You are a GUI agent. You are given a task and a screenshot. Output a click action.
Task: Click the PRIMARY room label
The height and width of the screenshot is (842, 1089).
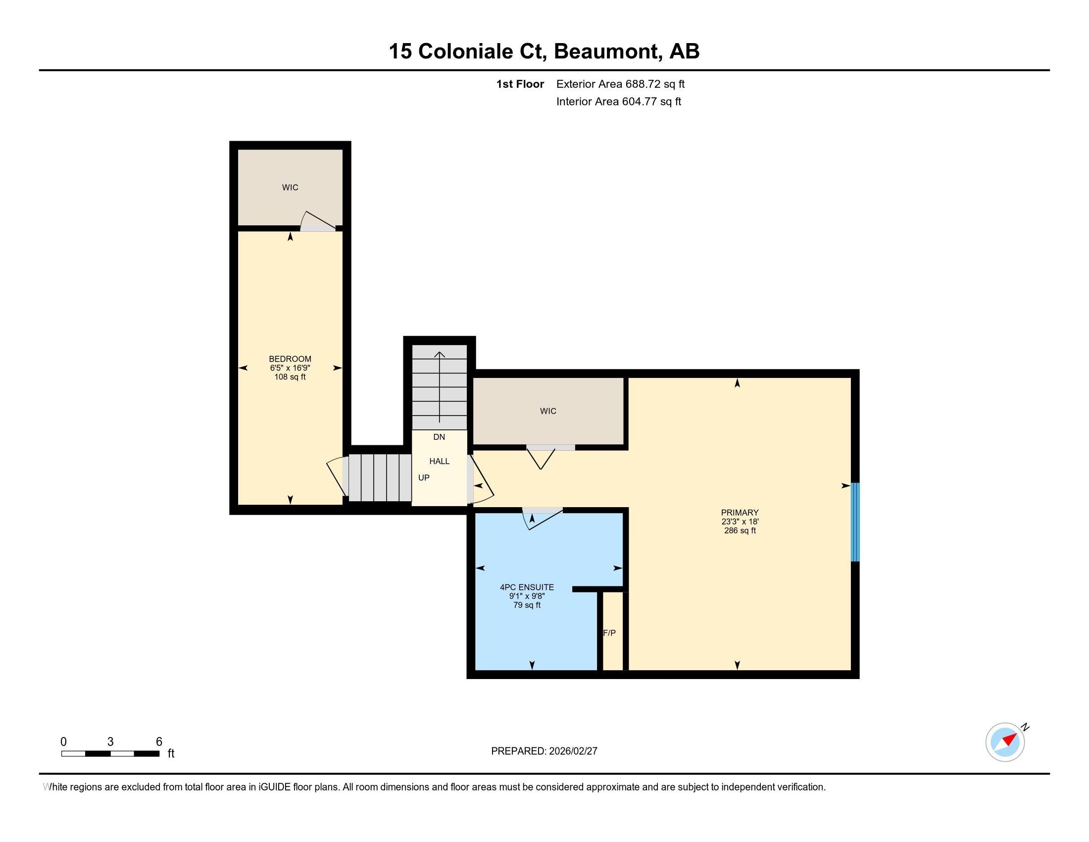pos(740,512)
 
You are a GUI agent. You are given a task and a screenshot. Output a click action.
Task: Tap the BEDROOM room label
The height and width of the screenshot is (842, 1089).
pos(290,359)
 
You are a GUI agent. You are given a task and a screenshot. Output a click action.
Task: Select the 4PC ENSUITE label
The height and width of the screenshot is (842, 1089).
pos(527,587)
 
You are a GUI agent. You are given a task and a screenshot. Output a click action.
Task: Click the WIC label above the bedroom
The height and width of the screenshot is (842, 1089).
pos(290,188)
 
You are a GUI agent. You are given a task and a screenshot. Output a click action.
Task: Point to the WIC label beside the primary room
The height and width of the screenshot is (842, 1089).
pos(547,411)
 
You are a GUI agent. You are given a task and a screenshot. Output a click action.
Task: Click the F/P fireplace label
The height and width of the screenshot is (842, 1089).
pos(609,633)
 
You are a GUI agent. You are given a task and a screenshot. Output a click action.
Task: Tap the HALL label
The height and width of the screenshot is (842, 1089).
pos(439,462)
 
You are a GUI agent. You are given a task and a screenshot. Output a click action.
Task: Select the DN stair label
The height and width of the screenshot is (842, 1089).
pos(439,437)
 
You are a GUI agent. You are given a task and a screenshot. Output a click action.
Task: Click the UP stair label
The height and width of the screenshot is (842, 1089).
pos(423,478)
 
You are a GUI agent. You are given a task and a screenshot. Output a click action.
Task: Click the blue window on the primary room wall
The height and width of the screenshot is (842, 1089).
pos(855,522)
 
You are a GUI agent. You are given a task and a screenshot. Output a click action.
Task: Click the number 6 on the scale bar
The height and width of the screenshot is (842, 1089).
pos(159,742)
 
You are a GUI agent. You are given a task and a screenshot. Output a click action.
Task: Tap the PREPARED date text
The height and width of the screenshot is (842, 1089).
pos(544,751)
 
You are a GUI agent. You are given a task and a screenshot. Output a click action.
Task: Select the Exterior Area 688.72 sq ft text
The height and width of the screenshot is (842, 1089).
pos(620,84)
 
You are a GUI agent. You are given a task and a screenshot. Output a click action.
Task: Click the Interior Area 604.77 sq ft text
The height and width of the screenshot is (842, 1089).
pos(618,102)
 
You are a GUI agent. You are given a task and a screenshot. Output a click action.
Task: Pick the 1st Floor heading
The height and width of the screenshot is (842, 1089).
pos(520,84)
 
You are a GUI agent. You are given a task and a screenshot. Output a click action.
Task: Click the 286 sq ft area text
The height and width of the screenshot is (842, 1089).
pos(740,531)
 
